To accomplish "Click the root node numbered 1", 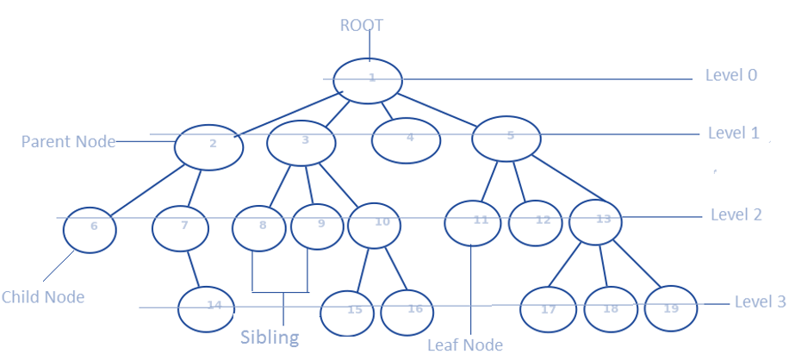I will click(369, 79).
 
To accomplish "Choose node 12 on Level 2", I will click(541, 222).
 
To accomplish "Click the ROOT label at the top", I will click(360, 25).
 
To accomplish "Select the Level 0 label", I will click(730, 75).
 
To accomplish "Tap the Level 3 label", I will click(760, 302).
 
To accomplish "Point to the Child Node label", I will click(43, 297).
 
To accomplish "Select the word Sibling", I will click(270, 337).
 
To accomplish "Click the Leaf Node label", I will click(464, 344).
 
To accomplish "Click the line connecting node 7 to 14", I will click(192, 268).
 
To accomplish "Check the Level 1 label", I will click(733, 133).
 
